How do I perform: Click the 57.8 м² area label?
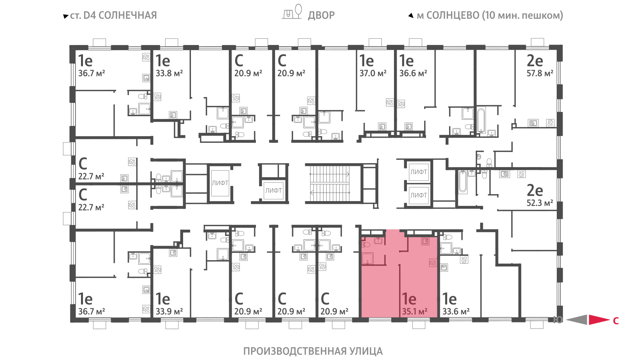(x=540, y=73)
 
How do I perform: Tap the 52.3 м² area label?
(x=540, y=203)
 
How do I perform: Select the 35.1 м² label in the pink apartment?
(x=415, y=311)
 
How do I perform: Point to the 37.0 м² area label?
(x=373, y=73)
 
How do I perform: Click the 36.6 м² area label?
(x=413, y=73)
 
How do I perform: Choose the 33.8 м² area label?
(x=169, y=73)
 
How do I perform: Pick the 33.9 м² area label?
(x=169, y=311)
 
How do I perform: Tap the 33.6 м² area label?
(x=456, y=311)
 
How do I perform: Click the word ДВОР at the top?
(x=321, y=15)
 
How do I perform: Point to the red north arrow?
(x=599, y=320)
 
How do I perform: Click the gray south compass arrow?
(x=576, y=320)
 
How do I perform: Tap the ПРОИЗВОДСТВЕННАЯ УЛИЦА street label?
(x=313, y=351)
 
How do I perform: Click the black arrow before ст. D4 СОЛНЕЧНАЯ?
(x=66, y=16)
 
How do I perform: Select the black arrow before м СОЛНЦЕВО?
(x=411, y=15)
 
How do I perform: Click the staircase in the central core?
(x=330, y=184)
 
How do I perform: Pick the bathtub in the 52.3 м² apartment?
(x=463, y=182)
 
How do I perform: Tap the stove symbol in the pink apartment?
(x=433, y=263)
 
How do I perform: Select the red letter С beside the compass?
(x=616, y=321)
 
